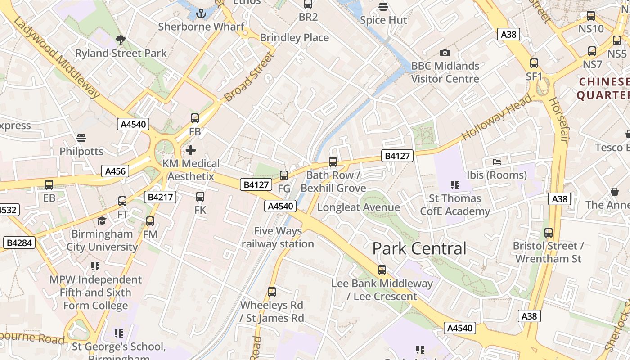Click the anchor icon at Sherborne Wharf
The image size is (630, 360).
[x=201, y=13]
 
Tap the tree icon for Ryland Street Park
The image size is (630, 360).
[x=120, y=40]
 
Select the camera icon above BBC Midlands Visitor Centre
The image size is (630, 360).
[x=445, y=53]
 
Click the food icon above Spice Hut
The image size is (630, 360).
[x=383, y=6]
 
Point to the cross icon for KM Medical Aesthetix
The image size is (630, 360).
[x=191, y=150]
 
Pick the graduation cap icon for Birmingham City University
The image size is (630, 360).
[x=102, y=220]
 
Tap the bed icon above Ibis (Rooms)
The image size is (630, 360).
[x=497, y=162]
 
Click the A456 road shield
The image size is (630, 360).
[x=116, y=171]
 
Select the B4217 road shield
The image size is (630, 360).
[x=160, y=197]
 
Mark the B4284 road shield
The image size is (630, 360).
[x=19, y=243]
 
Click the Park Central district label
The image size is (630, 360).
[x=419, y=248]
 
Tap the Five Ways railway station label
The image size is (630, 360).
[x=278, y=238]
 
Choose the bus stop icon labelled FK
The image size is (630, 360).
[x=200, y=197]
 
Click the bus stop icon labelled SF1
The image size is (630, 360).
[x=534, y=63]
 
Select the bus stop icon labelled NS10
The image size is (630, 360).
[x=591, y=16]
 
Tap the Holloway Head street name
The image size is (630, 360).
[x=496, y=119]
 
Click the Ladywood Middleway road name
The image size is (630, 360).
[x=56, y=57]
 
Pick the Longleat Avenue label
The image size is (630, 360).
[x=358, y=207]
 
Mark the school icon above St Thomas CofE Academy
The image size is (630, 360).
[x=454, y=185]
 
